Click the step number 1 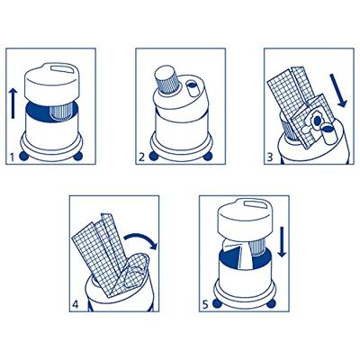[12, 157]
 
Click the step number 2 [141, 157]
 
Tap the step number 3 [270, 157]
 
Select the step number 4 [76, 305]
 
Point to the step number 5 [205, 305]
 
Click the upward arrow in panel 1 [13, 103]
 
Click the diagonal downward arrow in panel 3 [338, 91]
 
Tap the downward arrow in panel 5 [282, 242]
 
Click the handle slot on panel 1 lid [62, 68]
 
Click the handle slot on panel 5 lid [256, 204]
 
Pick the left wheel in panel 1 [22, 157]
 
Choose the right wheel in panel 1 [78, 157]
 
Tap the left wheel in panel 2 [153, 157]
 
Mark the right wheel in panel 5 [272, 304]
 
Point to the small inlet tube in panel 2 [193, 88]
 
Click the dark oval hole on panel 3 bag [317, 121]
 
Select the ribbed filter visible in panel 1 [61, 112]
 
